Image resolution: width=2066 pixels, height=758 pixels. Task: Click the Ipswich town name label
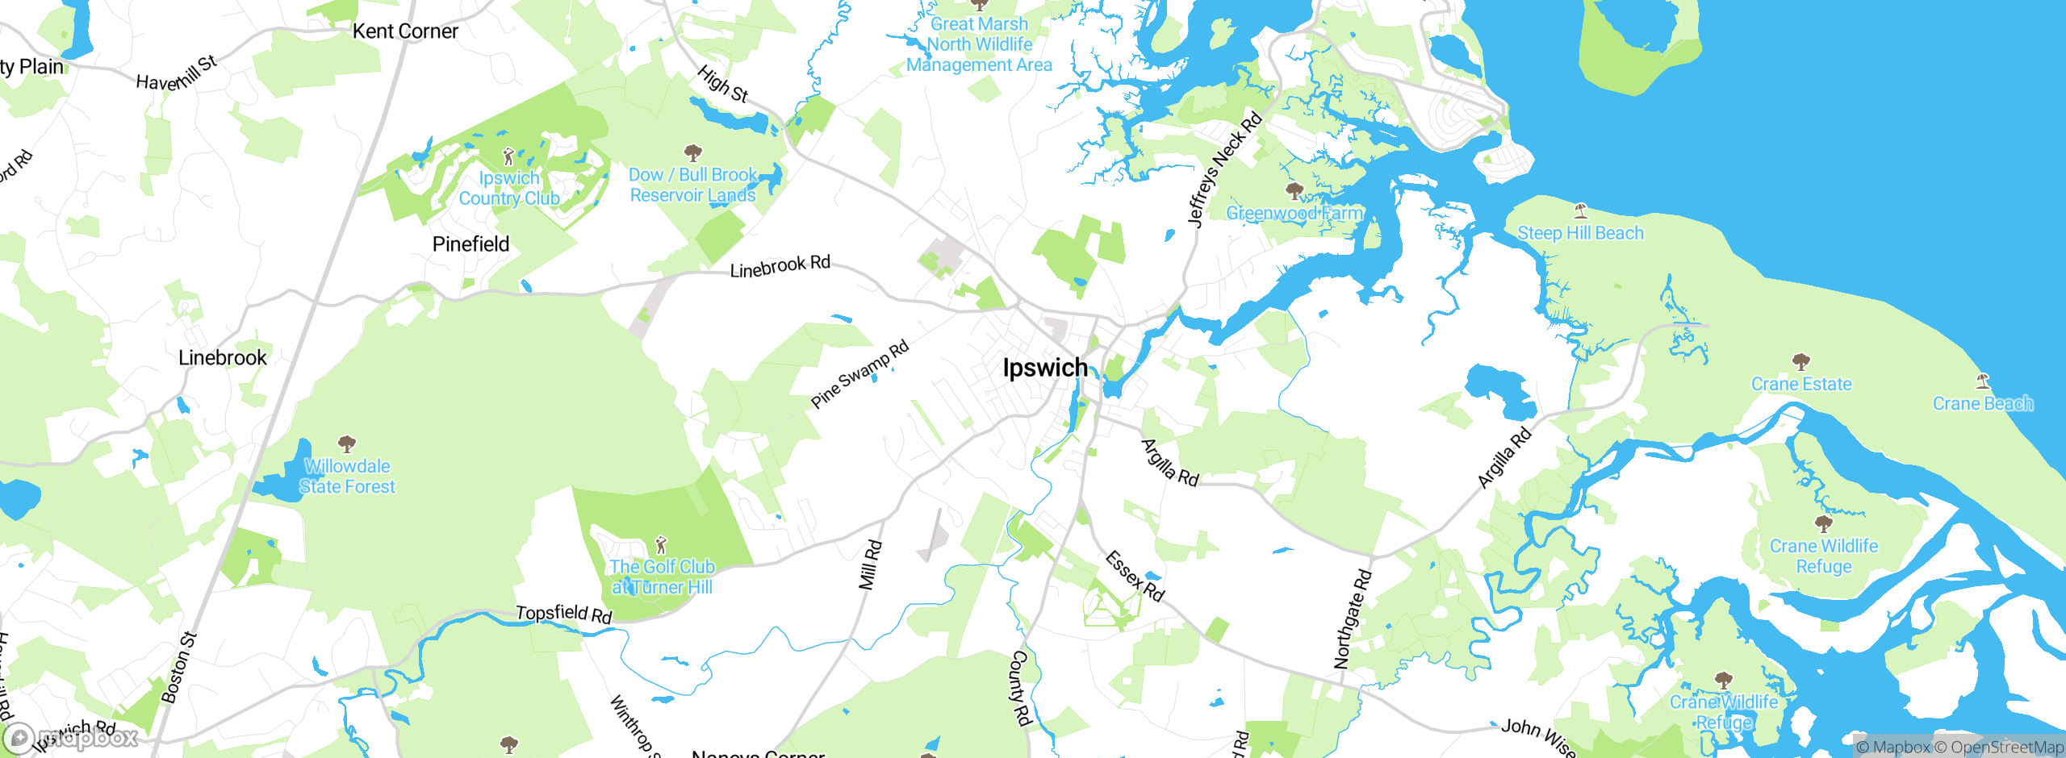(1045, 368)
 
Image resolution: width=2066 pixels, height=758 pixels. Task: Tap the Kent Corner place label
(405, 31)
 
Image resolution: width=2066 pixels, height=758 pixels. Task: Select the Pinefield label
(470, 244)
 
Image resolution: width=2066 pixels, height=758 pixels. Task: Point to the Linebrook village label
(222, 358)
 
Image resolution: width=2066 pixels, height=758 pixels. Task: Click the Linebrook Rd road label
(780, 266)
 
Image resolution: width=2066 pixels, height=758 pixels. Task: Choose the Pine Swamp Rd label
(859, 374)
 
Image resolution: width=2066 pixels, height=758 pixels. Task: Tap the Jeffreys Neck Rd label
(1223, 169)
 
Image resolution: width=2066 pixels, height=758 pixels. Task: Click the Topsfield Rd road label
(564, 614)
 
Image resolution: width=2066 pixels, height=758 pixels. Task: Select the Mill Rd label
(870, 565)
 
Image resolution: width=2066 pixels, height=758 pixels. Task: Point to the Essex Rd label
(1134, 577)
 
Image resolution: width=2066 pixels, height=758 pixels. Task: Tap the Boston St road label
(178, 668)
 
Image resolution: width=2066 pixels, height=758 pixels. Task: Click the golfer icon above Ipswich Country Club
(508, 156)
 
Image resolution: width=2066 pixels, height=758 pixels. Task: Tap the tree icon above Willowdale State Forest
(347, 444)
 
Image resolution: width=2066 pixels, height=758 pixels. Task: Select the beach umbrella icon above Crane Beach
(1982, 381)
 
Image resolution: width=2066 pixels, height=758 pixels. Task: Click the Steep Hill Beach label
(1580, 233)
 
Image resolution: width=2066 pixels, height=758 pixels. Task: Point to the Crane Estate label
(1801, 385)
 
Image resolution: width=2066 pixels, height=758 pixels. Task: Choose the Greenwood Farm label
(1294, 213)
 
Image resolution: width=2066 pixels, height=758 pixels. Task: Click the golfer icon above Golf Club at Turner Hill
(661, 544)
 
